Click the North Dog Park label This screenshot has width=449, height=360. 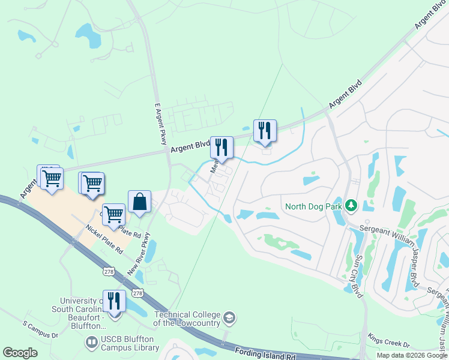point(313,207)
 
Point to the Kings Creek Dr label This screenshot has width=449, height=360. point(388,341)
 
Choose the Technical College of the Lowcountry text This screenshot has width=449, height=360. point(187,319)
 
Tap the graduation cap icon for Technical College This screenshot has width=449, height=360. point(229,317)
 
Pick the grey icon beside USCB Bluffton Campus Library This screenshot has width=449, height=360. point(91,343)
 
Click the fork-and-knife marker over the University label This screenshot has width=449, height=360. point(114,301)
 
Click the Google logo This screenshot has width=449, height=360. point(20,353)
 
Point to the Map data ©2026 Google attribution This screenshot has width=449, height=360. point(411,355)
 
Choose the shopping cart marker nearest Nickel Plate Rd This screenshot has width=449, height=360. point(113,214)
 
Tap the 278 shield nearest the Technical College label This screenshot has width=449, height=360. point(137,293)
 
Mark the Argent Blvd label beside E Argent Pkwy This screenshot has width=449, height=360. point(190,146)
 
